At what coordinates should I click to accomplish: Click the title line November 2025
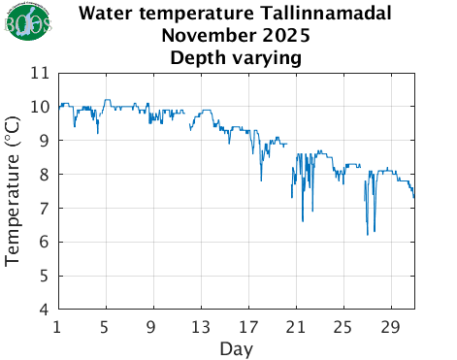tap(236, 36)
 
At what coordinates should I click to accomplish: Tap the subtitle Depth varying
tap(236, 57)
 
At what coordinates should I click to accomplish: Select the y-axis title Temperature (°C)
tap(15, 191)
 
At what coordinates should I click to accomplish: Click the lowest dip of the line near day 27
tap(368, 234)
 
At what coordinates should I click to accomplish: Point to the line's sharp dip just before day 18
tap(261, 180)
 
